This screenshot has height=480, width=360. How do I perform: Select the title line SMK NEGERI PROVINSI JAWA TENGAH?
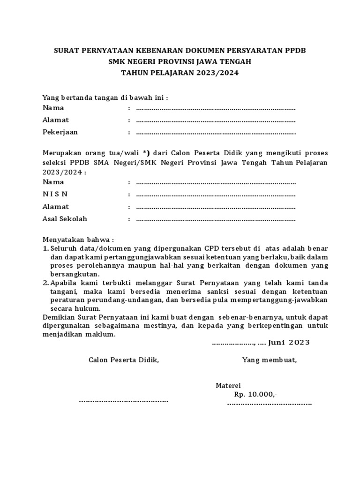coord(180,61)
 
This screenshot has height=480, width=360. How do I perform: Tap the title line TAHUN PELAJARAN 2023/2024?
coord(180,73)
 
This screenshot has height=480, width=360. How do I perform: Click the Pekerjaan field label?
coord(60,132)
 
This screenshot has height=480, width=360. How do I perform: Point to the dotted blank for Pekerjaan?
coord(216,133)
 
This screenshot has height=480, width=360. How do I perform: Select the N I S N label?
coord(55,194)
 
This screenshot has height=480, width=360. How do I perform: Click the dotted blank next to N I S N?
coord(216,195)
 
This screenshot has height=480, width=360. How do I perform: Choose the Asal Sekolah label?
coord(65,219)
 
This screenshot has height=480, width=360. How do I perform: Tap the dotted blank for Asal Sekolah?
coord(216,219)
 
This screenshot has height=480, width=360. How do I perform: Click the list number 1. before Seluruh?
coord(45,248)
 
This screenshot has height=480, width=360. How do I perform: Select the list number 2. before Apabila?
coord(45,283)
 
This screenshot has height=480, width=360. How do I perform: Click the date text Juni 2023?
coord(289,342)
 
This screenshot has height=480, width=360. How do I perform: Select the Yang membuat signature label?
coord(269,360)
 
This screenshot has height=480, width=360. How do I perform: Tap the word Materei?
coord(228,385)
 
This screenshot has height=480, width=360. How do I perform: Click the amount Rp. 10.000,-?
coord(255,394)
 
